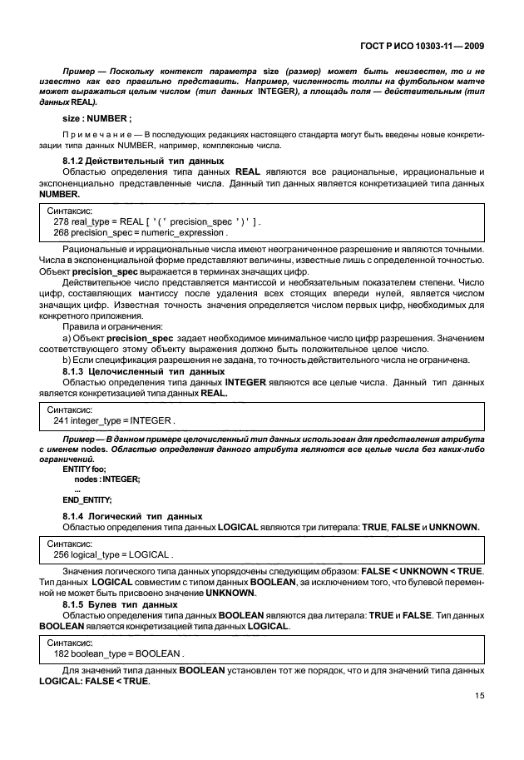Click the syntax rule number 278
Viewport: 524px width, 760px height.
(x=61, y=222)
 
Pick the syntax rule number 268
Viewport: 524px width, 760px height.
(x=61, y=233)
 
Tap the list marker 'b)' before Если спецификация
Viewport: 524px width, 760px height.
(x=67, y=360)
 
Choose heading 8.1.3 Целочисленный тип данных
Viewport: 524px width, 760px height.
(x=144, y=370)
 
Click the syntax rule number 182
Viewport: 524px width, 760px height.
(x=61, y=653)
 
